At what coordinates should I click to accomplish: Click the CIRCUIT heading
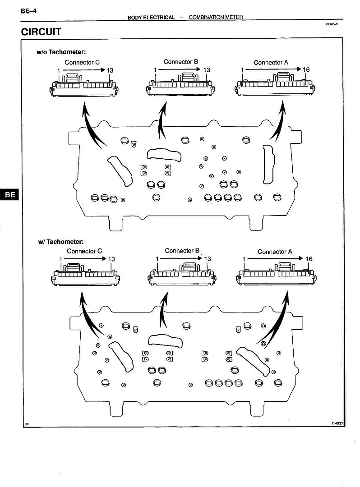click(x=41, y=32)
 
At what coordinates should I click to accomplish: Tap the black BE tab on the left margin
click(x=9, y=195)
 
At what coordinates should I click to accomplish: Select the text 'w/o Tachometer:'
click(x=61, y=52)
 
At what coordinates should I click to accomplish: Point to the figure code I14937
click(x=337, y=423)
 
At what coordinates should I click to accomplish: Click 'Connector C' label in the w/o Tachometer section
click(x=82, y=62)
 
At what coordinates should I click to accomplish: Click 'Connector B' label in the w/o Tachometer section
click(x=180, y=62)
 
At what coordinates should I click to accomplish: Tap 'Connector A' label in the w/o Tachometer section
click(x=271, y=62)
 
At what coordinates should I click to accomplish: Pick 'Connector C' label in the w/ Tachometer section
click(x=84, y=251)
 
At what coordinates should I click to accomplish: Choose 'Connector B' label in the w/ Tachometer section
click(x=182, y=250)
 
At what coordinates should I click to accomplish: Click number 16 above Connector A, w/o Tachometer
click(x=306, y=70)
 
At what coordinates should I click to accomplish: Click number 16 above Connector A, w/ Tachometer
click(x=309, y=259)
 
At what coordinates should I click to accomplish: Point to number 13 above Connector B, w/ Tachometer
click(x=208, y=259)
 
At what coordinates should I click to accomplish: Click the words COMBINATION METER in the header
click(x=216, y=17)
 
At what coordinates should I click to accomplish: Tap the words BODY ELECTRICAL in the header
click(x=151, y=17)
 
